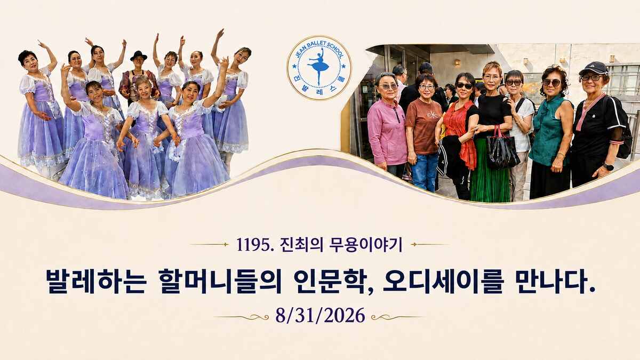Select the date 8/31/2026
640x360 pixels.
pos(321,315)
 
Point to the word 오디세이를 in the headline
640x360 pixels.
pos(442,281)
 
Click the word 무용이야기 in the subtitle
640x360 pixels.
pos(366,245)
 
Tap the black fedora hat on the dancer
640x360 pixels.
pos(139,55)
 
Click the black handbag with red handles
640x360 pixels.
pos(502,150)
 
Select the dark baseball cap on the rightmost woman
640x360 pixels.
pos(594,68)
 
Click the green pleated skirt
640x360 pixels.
pos(490,171)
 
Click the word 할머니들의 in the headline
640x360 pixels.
pos(221,281)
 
